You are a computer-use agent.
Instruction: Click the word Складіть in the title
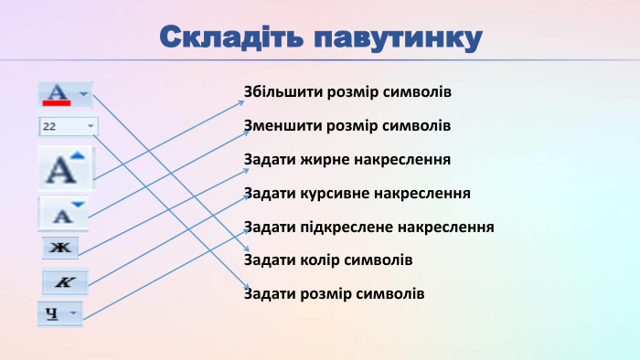coord(231,38)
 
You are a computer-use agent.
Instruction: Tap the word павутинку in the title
coord(397,38)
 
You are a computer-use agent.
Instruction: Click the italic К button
coord(64,283)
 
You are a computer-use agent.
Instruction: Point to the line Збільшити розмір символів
coord(347,93)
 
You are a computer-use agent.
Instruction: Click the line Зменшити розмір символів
coord(347,126)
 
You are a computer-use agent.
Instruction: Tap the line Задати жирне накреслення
coord(347,160)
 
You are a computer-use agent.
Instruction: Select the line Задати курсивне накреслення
coord(357,194)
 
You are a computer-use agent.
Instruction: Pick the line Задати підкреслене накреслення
coord(368,227)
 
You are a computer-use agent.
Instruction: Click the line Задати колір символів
coord(328,260)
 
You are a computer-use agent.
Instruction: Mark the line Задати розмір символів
coord(334,294)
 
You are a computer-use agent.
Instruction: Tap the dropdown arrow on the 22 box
coord(90,126)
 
